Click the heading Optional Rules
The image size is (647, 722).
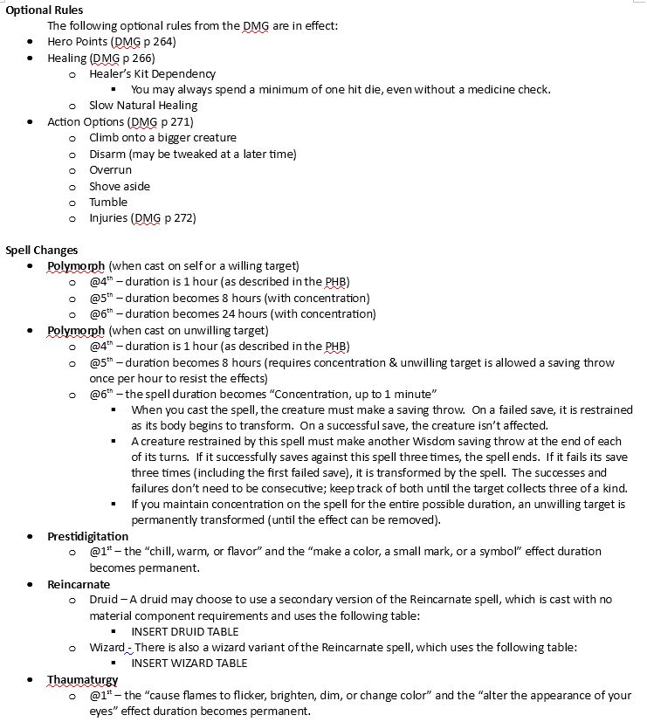[45, 10]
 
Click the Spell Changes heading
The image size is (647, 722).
[42, 250]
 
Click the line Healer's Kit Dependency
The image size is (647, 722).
[152, 74]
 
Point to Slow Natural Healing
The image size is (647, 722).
[143, 106]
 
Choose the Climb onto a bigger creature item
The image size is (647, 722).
[162, 138]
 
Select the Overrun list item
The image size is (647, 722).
[110, 170]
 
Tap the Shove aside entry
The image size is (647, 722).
[120, 186]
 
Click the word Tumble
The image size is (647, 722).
[108, 202]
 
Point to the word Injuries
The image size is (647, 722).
[108, 217]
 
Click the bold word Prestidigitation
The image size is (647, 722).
[87, 536]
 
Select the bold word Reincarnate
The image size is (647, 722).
[79, 584]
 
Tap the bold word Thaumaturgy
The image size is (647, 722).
[83, 679]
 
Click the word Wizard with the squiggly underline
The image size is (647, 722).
[107, 647]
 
